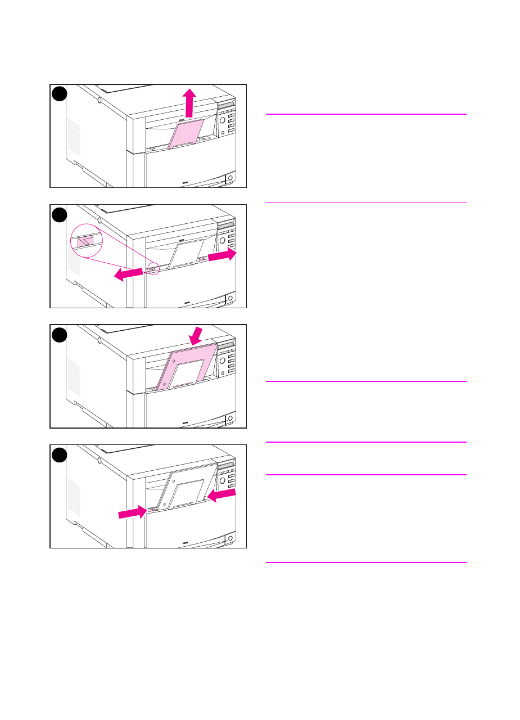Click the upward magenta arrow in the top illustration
coord(190,102)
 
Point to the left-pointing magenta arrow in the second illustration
coord(128,273)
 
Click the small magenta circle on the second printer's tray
coord(153,269)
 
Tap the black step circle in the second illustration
coord(60,215)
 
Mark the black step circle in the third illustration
coord(60,335)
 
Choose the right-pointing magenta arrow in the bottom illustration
coord(133,511)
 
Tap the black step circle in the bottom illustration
coord(60,455)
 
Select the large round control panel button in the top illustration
coord(222,120)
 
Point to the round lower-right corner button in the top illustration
coord(229,179)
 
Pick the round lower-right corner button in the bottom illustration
coord(229,539)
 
